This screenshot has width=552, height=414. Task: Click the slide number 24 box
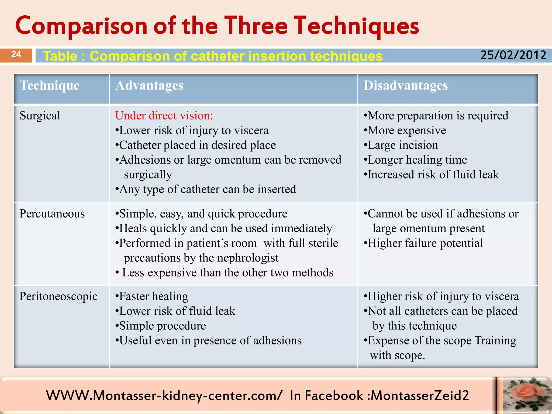point(16,55)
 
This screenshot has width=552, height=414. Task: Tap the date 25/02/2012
point(513,55)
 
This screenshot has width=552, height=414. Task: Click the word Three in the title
point(256,26)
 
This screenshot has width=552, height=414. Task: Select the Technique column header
point(50,85)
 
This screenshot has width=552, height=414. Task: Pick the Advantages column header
point(149,85)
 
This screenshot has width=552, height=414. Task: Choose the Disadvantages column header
point(406,85)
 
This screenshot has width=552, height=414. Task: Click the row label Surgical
point(40,116)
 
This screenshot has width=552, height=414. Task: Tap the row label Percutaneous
point(52,214)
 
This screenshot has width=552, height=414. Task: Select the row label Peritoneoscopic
point(58,296)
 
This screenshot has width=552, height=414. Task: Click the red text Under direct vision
point(164,116)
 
